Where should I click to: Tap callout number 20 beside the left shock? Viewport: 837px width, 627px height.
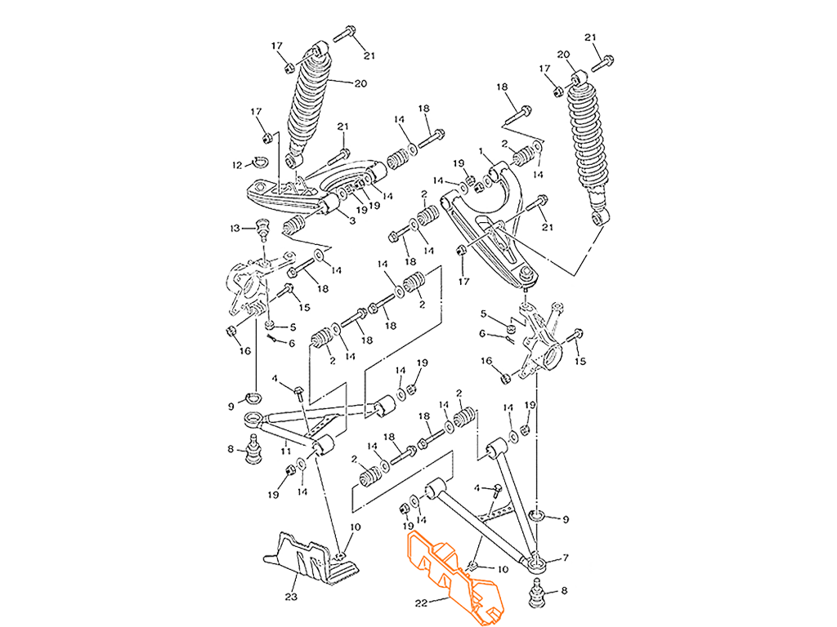360,83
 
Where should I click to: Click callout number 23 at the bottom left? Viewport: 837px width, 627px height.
291,596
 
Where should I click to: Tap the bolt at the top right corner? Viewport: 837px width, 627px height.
606,60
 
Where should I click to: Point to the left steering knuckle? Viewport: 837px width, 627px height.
249,286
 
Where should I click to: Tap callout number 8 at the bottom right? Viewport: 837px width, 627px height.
563,590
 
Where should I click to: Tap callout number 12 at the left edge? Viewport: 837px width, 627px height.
234,227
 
